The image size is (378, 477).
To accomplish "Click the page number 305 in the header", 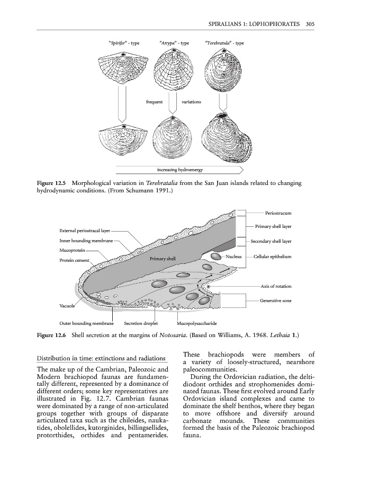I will point(311,24).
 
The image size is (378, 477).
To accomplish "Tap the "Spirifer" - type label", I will point(124,43).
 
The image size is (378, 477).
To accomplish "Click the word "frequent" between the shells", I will point(154,101).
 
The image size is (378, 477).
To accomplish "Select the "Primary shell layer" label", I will point(274,226).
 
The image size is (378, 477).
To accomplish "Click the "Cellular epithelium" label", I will point(273,257).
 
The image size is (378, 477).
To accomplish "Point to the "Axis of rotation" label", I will point(276,286).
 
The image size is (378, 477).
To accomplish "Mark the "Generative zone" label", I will point(275,301).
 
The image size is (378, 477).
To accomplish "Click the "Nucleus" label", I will point(233,257).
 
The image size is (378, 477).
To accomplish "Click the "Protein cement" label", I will point(75,260).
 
